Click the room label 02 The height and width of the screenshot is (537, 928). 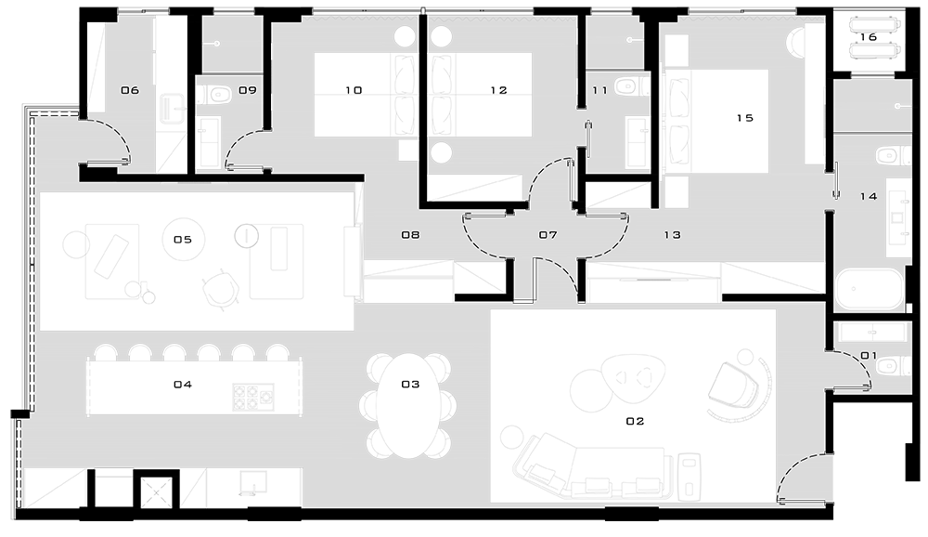pyautogui.click(x=635, y=422)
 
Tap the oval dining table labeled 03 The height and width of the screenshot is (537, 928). pyautogui.click(x=408, y=406)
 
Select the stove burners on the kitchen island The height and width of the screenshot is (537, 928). pyautogui.click(x=253, y=397)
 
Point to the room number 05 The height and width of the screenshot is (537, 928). pyautogui.click(x=183, y=240)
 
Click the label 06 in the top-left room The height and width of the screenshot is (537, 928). pyautogui.click(x=130, y=90)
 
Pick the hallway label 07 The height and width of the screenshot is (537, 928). pyautogui.click(x=548, y=235)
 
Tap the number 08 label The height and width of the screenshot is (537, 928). pyautogui.click(x=410, y=235)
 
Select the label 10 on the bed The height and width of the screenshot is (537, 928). pyautogui.click(x=354, y=90)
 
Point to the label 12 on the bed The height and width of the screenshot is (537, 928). pyautogui.click(x=498, y=90)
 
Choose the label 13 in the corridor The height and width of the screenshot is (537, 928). pyautogui.click(x=672, y=235)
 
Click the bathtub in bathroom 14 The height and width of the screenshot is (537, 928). pyautogui.click(x=869, y=290)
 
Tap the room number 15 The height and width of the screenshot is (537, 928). pyautogui.click(x=744, y=118)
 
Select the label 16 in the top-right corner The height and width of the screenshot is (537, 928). pyautogui.click(x=868, y=37)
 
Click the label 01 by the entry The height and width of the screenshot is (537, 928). pyautogui.click(x=869, y=356)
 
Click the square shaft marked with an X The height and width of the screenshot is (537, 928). pyautogui.click(x=156, y=491)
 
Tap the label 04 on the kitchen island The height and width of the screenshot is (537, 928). pyautogui.click(x=183, y=385)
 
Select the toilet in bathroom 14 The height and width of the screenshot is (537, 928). pyautogui.click(x=892, y=156)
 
